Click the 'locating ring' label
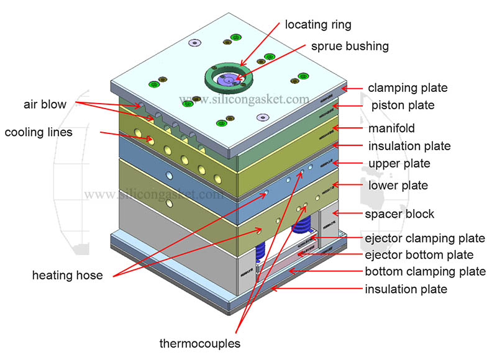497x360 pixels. coord(317,25)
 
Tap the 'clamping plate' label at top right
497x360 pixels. coord(408,88)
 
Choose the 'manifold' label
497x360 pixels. coord(391,128)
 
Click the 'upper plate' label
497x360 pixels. coord(399,164)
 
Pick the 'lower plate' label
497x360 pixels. coord(398,186)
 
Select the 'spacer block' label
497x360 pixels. coord(399,214)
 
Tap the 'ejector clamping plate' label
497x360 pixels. coord(424,238)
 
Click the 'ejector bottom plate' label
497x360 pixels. coord(419,255)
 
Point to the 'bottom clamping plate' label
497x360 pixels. coord(425,272)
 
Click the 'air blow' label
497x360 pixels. coord(45,104)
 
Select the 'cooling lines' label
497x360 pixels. coord(39,132)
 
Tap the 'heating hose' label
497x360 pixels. coord(67,276)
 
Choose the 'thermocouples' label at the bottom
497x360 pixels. coord(199,343)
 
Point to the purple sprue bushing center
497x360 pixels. coord(228,79)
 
